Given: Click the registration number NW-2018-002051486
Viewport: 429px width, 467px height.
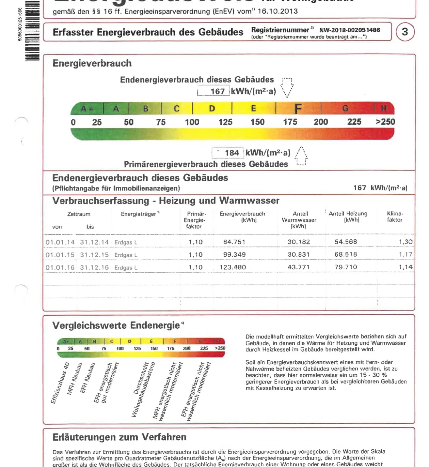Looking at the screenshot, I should point(349,30).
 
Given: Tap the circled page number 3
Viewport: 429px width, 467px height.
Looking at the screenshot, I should point(405,32).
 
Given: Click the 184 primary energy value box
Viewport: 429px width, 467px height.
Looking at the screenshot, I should point(228,153).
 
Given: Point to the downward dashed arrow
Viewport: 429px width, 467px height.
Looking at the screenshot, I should point(287,88).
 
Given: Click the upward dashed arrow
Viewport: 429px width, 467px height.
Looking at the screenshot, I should point(301,156).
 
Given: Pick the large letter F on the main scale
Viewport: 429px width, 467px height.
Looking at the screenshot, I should point(298,109).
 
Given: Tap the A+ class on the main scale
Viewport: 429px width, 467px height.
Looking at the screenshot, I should point(87,109).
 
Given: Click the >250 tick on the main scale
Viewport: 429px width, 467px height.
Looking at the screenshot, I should point(385,122).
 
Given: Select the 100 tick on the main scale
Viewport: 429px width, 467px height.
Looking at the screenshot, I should point(192,122).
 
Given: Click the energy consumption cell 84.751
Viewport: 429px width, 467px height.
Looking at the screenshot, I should point(234,242).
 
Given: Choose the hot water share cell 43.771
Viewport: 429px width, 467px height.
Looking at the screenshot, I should point(299,267).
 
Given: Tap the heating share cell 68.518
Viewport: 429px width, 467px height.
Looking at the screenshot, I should point(346,254).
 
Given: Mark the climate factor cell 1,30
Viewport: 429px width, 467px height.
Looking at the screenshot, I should point(405,242).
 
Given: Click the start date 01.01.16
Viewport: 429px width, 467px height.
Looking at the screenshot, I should point(60,267).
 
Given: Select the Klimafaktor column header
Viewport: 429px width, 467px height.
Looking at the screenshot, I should point(395,217).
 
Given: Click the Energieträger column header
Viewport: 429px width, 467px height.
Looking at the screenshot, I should point(140,214).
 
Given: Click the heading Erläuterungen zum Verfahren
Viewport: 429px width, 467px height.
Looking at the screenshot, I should point(119,437).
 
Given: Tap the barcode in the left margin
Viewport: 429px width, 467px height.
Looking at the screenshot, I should point(32,31).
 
